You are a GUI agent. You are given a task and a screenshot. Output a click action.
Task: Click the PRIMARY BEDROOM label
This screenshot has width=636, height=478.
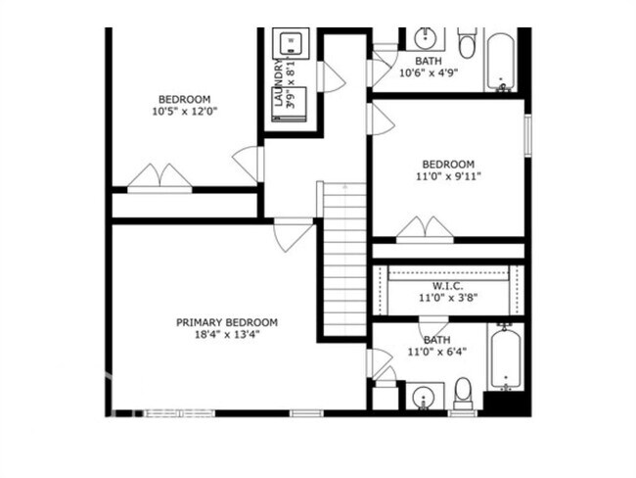226,322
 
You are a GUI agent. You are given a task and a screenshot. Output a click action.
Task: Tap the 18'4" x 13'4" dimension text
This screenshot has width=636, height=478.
226,334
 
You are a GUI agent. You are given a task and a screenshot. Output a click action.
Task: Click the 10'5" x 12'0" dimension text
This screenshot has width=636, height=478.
184,112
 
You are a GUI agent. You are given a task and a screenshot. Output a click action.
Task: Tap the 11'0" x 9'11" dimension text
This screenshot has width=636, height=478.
447,176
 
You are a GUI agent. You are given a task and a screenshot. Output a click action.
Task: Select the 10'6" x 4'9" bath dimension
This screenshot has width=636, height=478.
428,72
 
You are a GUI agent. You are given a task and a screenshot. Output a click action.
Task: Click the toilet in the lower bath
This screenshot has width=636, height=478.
463,393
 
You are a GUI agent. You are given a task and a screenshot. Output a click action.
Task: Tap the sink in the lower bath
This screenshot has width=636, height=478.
422,398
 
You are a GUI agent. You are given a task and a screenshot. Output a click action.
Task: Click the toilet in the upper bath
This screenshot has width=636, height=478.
467,42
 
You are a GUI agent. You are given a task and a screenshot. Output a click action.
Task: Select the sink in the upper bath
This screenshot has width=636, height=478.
425,38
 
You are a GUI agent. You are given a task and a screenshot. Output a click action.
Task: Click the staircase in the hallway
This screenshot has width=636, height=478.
344,260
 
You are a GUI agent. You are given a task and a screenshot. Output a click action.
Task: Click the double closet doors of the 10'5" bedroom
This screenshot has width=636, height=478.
159,177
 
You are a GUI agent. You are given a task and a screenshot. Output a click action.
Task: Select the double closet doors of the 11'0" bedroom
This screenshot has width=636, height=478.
425,229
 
